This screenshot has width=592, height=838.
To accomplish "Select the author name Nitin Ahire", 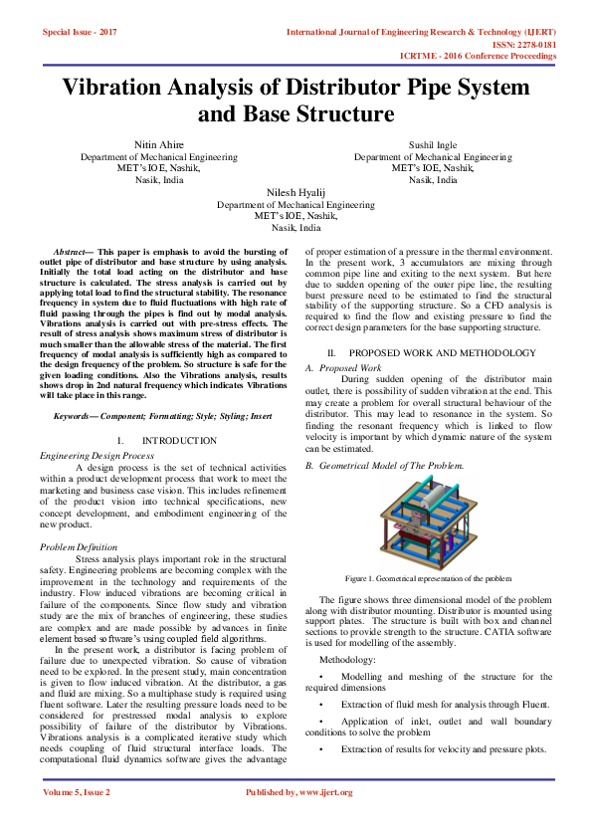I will point(159,145).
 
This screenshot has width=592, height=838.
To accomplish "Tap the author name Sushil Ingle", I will point(433,145).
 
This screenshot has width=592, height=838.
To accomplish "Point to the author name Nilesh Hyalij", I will point(296,191).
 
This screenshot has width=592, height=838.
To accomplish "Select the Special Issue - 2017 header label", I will point(80,33).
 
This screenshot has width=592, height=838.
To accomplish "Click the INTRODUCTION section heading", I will point(179,440).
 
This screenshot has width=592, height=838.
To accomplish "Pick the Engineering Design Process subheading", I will point(97,454).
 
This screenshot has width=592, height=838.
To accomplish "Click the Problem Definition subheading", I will point(78,546).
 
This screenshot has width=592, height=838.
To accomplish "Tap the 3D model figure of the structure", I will point(428,524).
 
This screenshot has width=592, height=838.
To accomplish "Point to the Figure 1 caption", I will point(428,578).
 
